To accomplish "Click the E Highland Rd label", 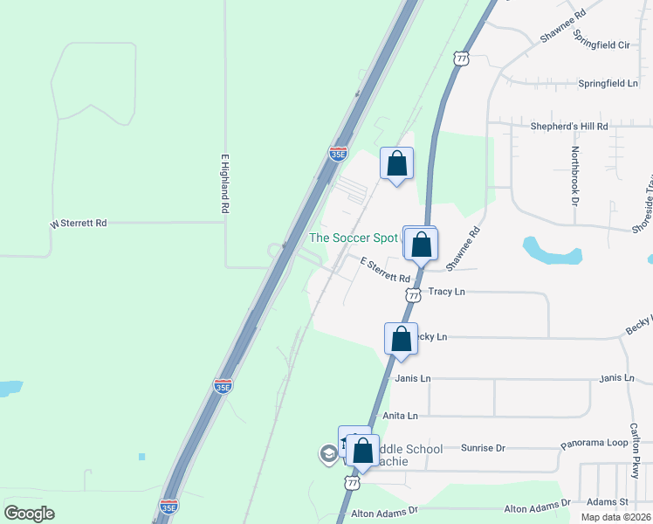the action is pyautogui.click(x=224, y=184).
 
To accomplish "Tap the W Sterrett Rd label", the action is pyautogui.click(x=79, y=224).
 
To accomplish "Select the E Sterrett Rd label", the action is pyautogui.click(x=385, y=271).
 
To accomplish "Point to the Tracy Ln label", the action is pyautogui.click(x=447, y=291).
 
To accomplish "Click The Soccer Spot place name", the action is pyautogui.click(x=354, y=238).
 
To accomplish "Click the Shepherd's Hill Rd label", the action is pyautogui.click(x=569, y=126).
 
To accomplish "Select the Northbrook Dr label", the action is pyautogui.click(x=574, y=176).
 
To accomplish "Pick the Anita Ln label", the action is pyautogui.click(x=401, y=416).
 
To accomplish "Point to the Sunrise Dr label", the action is pyautogui.click(x=483, y=448).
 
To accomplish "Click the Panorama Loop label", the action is pyautogui.click(x=594, y=443).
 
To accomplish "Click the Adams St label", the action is pyautogui.click(x=608, y=502).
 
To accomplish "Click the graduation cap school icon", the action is pyautogui.click(x=328, y=452).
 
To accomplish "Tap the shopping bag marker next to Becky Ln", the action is pyautogui.click(x=401, y=338).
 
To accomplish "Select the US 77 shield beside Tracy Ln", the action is pyautogui.click(x=413, y=295).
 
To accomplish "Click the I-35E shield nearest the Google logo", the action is pyautogui.click(x=168, y=507).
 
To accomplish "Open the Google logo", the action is pyautogui.click(x=29, y=514).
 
